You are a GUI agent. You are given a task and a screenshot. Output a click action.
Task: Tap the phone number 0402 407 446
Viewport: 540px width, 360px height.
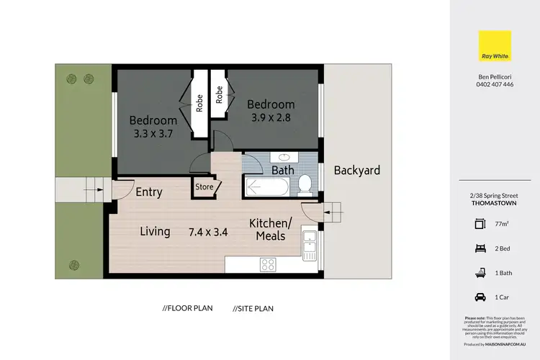tap(494, 84)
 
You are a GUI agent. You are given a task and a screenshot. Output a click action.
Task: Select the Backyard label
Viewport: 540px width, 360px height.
tap(356, 171)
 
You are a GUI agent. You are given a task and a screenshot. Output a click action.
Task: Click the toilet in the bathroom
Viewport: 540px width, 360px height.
tap(305, 184)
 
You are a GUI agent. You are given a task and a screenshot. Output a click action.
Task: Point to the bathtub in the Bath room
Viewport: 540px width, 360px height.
tap(267, 187)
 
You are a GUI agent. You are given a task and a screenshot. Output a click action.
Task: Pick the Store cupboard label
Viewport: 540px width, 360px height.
tap(204, 187)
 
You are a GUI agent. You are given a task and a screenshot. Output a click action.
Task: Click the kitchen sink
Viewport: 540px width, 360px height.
tap(310, 244)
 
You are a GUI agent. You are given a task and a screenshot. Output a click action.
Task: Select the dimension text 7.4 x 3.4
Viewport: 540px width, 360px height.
tap(209, 232)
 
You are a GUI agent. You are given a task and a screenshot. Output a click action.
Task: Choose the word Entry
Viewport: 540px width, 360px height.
tap(149, 192)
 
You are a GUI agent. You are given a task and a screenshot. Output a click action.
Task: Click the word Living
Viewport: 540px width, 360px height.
tap(155, 232)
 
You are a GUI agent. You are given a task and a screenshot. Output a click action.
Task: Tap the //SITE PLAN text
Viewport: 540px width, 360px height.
tap(253, 308)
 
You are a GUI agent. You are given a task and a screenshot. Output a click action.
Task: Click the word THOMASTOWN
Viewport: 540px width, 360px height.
tap(494, 204)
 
